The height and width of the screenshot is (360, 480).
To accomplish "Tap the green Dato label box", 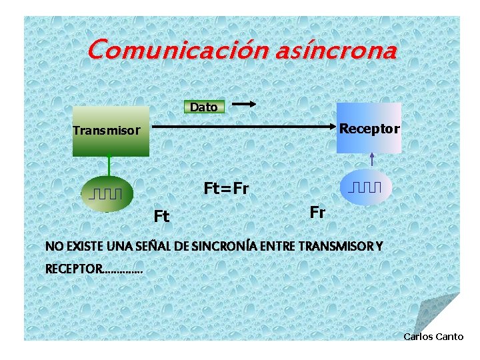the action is [x=203, y=107].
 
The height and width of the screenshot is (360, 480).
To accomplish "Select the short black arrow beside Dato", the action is [x=244, y=104].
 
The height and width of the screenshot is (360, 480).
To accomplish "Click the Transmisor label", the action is [x=107, y=131].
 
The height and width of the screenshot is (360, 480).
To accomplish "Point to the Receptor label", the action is [x=369, y=128].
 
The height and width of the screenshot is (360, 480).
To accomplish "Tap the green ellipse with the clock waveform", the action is [x=107, y=193].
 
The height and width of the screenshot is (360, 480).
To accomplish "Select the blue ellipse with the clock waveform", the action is [x=365, y=187].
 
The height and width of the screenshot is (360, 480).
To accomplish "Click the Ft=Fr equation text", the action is [x=226, y=189].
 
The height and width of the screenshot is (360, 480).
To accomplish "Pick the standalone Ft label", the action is [x=161, y=217].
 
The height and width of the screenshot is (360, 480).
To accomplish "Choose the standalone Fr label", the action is [x=317, y=212].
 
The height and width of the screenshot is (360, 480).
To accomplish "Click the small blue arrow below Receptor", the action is [x=372, y=160].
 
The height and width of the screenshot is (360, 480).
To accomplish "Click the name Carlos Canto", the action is [x=433, y=337].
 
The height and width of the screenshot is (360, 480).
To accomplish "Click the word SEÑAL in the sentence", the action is [x=153, y=247].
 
